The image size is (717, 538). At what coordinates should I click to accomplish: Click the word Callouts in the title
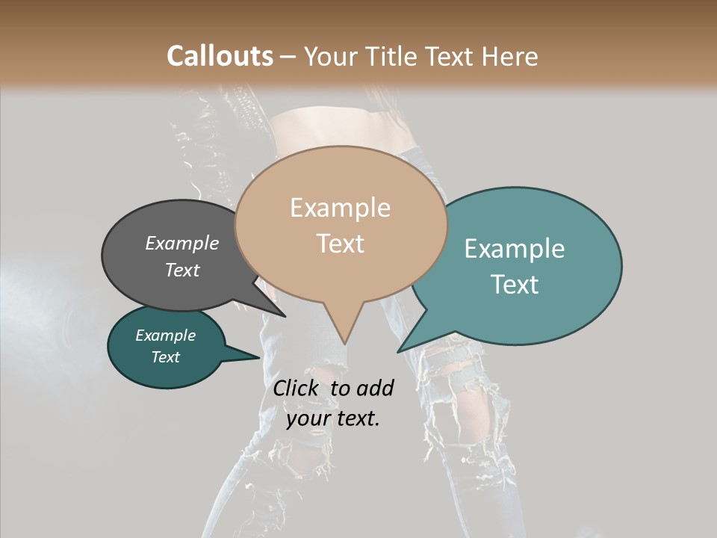point(220,56)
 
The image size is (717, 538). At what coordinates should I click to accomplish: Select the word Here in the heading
point(509,56)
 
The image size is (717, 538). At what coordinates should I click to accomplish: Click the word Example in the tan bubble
point(340,208)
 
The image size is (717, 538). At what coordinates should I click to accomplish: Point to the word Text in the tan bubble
point(340,244)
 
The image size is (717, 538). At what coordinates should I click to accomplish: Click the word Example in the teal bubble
point(514,249)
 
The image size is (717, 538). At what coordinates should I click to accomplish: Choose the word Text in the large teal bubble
point(515,285)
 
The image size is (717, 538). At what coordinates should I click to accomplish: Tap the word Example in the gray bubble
point(181,244)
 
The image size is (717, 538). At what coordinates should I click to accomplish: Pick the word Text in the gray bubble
point(181,270)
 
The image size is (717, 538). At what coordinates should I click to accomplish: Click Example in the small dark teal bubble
point(165,336)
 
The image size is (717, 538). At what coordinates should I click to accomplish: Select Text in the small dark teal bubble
point(165,357)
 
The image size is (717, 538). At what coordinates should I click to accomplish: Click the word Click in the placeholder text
point(297,388)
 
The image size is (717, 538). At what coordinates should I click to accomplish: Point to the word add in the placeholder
point(374,388)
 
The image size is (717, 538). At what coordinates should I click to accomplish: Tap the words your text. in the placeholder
point(332,418)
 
